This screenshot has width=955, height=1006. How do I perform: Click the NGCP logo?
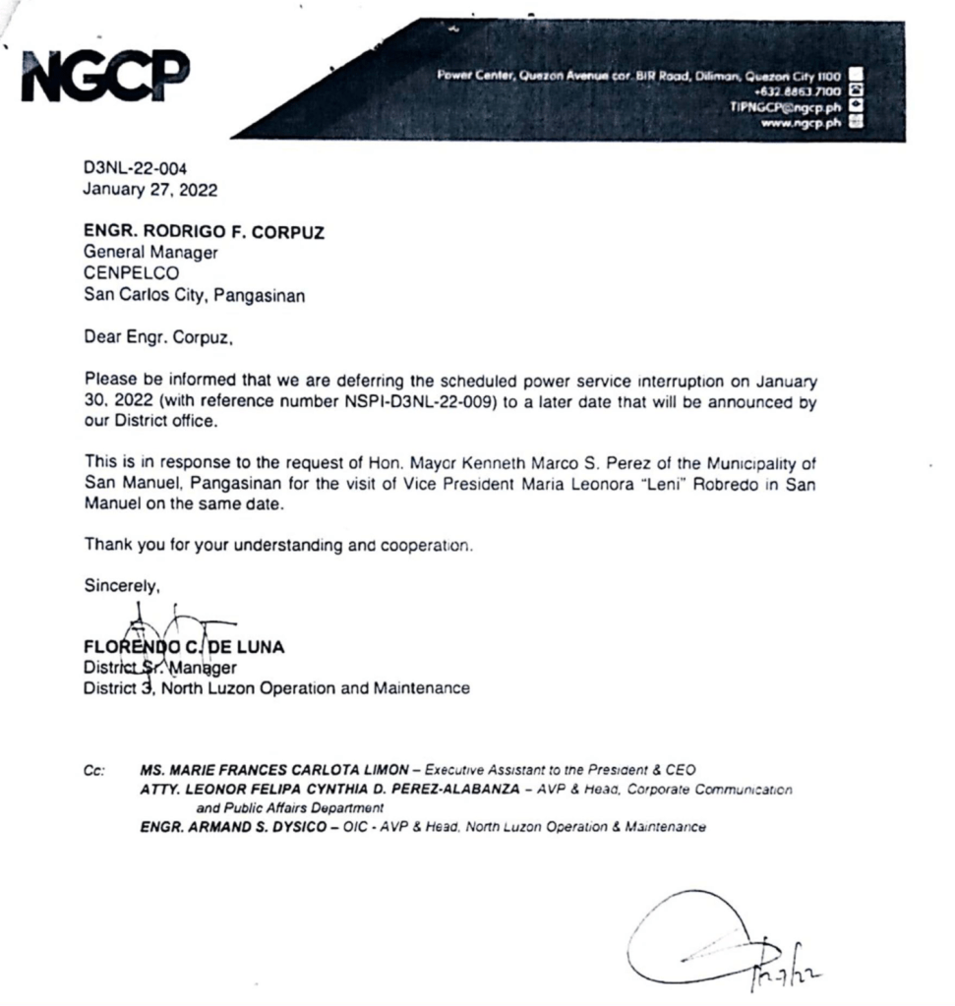pos(105,79)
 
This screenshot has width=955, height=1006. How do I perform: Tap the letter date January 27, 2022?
pos(150,189)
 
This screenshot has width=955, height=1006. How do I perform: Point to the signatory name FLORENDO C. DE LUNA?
pos(185,647)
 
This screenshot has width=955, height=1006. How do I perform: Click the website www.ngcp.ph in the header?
pos(803,123)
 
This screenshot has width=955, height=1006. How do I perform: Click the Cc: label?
pos(94,770)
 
